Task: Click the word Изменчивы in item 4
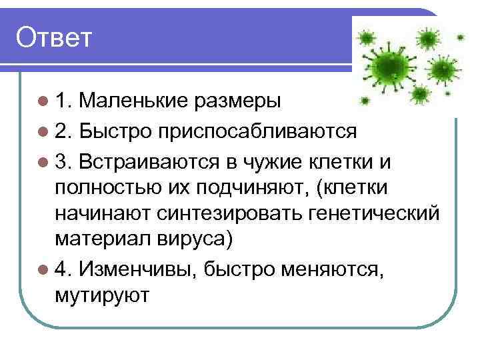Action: click(x=137, y=268)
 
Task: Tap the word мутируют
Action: click(x=103, y=295)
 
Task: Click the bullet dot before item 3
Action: click(x=44, y=162)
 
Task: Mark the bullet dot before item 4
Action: click(x=44, y=269)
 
